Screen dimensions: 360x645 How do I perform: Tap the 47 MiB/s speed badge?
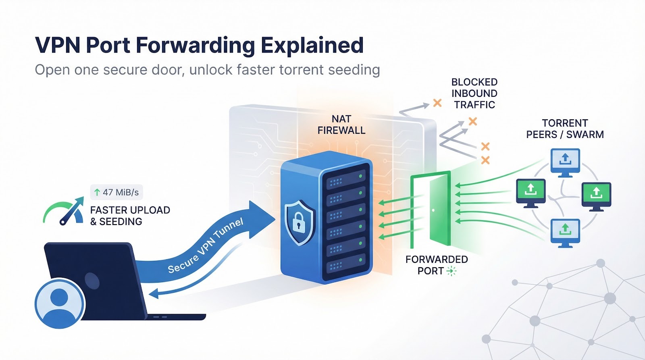[117, 192]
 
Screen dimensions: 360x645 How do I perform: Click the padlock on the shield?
[298, 221]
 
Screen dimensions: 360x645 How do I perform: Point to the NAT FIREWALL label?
[341, 125]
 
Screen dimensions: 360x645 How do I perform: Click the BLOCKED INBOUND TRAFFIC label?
[474, 94]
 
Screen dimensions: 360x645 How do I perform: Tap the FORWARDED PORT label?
[436, 265]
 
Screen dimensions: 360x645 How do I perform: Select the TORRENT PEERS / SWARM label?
[564, 129]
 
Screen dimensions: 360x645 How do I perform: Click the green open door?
[439, 210]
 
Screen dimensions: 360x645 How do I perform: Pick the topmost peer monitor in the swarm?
[565, 161]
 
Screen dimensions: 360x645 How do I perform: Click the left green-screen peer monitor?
[531, 191]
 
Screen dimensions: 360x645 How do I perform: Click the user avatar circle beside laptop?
[60, 303]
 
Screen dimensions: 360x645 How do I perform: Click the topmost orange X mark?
[437, 103]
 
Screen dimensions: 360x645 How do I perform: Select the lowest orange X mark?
[485, 160]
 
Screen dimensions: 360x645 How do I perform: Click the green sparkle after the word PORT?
[451, 271]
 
